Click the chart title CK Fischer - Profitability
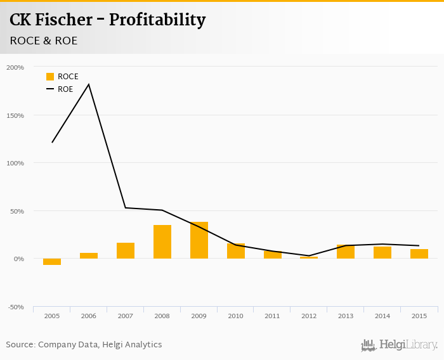(x=107, y=20)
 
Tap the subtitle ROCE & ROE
(x=44, y=41)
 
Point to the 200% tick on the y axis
(x=15, y=67)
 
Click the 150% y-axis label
(x=15, y=115)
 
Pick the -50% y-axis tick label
(x=15, y=307)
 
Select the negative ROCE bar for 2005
(x=52, y=262)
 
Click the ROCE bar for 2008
(x=162, y=241)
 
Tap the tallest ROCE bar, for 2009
(x=199, y=240)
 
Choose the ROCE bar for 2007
(x=126, y=250)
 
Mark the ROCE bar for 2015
(x=419, y=254)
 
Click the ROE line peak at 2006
(x=89, y=84)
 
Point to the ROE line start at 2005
(x=52, y=142)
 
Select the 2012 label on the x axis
(x=309, y=315)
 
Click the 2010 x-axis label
(x=235, y=315)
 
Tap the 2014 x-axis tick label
(x=382, y=315)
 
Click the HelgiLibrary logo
(x=400, y=345)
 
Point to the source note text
(x=84, y=345)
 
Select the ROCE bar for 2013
(x=346, y=252)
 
